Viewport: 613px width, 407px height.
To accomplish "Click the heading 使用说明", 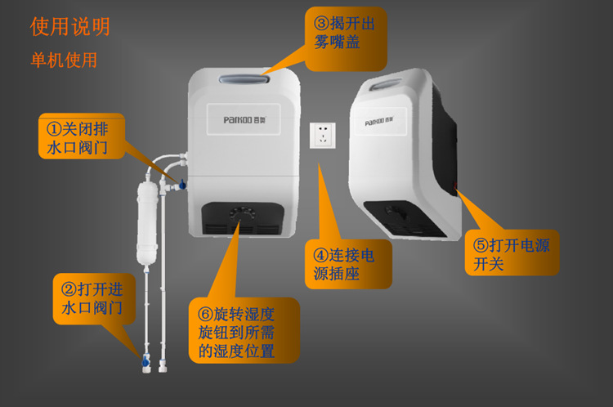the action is click(x=70, y=27).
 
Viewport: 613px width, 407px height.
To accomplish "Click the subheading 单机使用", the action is click(x=64, y=60).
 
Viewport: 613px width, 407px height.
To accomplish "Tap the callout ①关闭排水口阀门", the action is click(x=81, y=136).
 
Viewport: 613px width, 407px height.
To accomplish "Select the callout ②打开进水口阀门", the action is click(x=94, y=298).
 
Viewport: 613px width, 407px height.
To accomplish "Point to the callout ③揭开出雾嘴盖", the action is click(x=346, y=38).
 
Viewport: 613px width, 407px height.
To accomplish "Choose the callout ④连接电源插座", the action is click(x=348, y=264).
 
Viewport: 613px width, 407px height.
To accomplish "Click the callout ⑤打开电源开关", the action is click(x=512, y=253).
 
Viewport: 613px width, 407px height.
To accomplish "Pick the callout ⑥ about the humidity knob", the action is click(x=244, y=330).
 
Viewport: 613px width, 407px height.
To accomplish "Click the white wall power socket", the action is click(x=323, y=136).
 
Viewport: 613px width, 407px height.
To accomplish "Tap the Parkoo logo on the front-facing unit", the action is click(x=244, y=119).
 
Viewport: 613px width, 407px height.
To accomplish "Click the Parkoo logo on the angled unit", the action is click(x=378, y=121).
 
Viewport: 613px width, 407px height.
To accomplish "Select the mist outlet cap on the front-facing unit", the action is click(x=244, y=79).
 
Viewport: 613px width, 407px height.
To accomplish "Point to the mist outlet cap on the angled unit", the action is click(x=386, y=83).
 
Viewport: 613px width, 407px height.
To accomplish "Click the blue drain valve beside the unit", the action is click(x=181, y=184).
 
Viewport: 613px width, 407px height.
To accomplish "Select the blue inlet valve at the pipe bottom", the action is click(x=145, y=360).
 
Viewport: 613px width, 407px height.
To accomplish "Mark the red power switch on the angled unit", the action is click(x=454, y=186).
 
